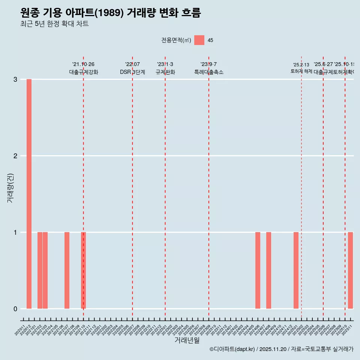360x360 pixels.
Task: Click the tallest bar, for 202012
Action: pyautogui.click(x=29, y=194)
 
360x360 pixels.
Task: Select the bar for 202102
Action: pyautogui.click(x=40, y=270)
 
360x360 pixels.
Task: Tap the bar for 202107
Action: pyautogui.click(x=67, y=270)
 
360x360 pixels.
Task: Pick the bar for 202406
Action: pyautogui.click(x=258, y=270)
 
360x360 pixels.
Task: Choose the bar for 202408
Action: pyautogui.click(x=268, y=270)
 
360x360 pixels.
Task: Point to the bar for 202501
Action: pyautogui.click(x=296, y=270)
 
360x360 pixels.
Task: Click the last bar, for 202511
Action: pyautogui.click(x=350, y=270)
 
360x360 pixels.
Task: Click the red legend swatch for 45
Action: pyautogui.click(x=199, y=40)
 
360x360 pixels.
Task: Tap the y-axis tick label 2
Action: pyautogui.click(x=15, y=156)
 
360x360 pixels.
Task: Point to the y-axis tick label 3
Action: pyautogui.click(x=15, y=79)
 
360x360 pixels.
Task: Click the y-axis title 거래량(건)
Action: pyautogui.click(x=10, y=188)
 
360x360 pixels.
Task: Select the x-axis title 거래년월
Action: pyautogui.click(x=187, y=340)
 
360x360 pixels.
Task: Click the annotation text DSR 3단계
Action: pyautogui.click(x=132, y=72)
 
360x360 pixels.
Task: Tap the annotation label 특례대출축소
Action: pyautogui.click(x=208, y=72)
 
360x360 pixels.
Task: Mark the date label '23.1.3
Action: pyautogui.click(x=165, y=64)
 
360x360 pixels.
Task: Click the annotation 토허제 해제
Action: pyautogui.click(x=301, y=71)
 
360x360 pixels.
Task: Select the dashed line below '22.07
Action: pyautogui.click(x=132, y=187)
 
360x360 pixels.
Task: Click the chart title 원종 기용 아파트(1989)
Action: pyautogui.click(x=111, y=13)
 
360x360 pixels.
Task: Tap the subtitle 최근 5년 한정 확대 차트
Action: pyautogui.click(x=54, y=24)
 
